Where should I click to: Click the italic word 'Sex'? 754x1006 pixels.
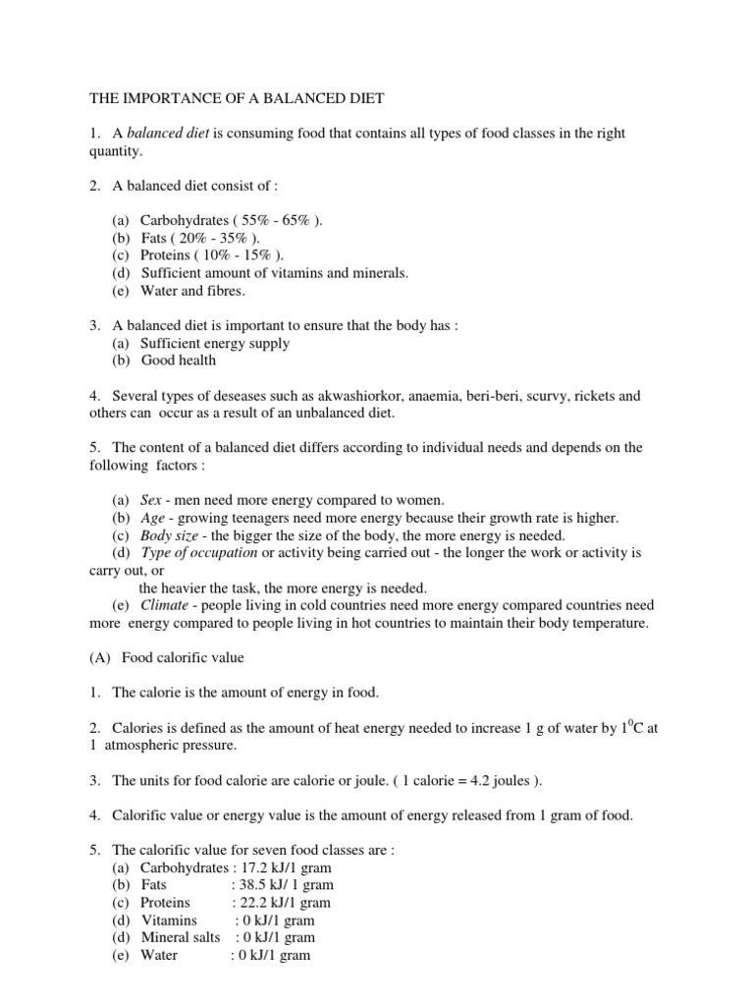coord(151,500)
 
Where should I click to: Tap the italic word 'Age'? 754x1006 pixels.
coord(152,518)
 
